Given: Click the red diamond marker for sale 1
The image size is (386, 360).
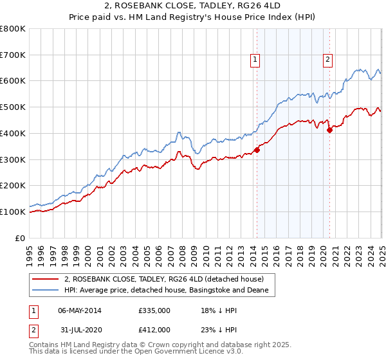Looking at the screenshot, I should (257, 150).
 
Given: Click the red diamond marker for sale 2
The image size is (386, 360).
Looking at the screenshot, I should (329, 130).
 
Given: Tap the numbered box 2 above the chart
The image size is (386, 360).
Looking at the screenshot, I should (327, 60).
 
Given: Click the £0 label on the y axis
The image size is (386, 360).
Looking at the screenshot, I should (21, 238).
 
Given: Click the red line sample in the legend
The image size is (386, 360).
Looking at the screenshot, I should (46, 280).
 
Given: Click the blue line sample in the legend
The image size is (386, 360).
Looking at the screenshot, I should (46, 291).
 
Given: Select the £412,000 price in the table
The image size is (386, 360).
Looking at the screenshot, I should (154, 330).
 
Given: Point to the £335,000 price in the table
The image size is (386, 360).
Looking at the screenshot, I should (154, 310).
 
